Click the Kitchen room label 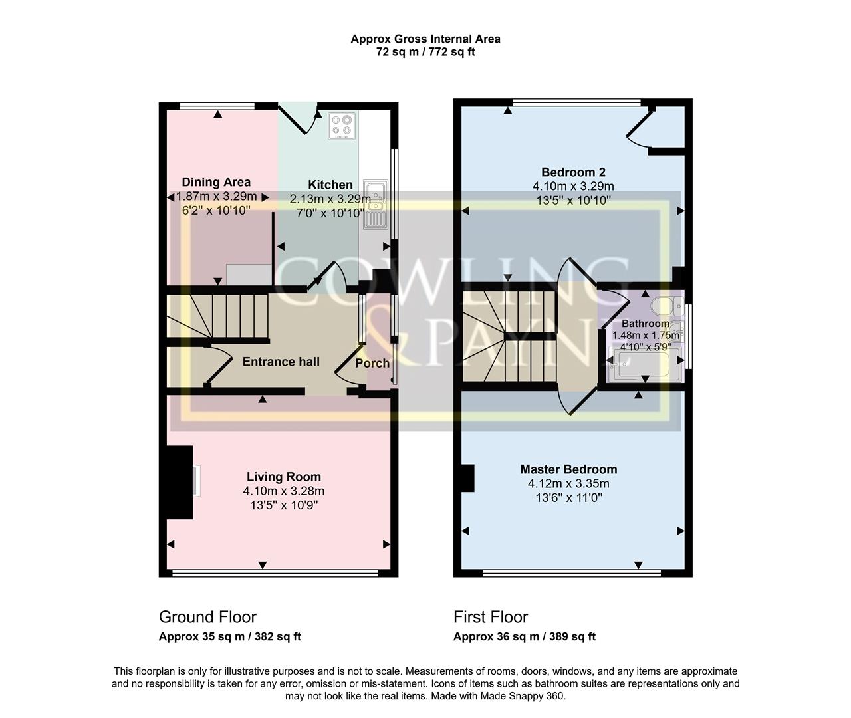[x=330, y=185]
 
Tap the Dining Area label [x=216, y=182]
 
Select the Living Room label [x=283, y=477]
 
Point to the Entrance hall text [x=281, y=362]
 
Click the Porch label [x=372, y=363]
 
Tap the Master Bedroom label [x=568, y=469]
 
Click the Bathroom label [x=645, y=324]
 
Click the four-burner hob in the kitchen [x=342, y=126]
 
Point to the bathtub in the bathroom [x=642, y=365]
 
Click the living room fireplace [x=180, y=482]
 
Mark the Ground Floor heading [x=207, y=617]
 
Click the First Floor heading [x=491, y=617]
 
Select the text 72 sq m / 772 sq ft [x=425, y=52]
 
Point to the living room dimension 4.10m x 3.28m [x=283, y=491]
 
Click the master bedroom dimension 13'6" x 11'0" [x=568, y=498]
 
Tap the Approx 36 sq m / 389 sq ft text [x=524, y=637]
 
